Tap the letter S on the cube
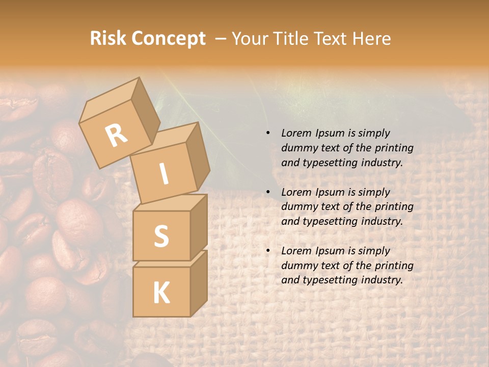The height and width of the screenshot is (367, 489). click(x=161, y=236)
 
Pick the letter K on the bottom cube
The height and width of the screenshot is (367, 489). click(x=161, y=293)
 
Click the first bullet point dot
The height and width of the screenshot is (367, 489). click(x=267, y=134)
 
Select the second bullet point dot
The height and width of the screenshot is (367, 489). click(x=267, y=192)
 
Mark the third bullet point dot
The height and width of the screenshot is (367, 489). click(x=267, y=251)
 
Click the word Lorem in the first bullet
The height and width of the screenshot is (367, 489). click(x=295, y=134)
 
